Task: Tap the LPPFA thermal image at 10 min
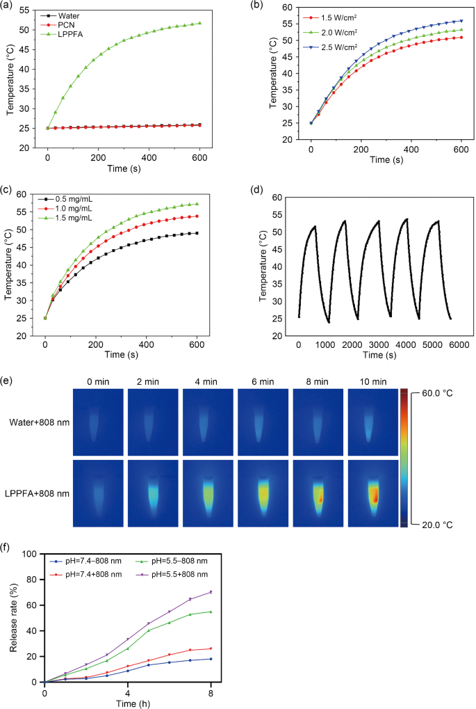click(x=373, y=493)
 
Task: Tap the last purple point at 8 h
click(x=211, y=592)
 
